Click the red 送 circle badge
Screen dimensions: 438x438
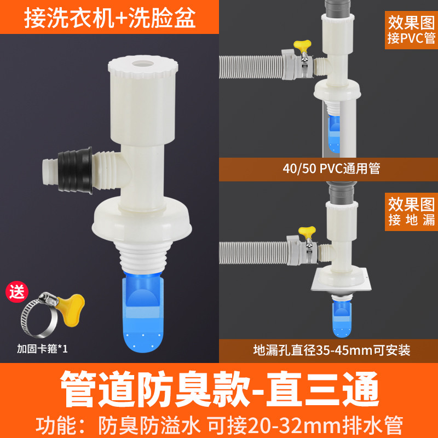click(17, 292)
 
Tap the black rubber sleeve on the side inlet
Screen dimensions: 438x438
click(76, 170)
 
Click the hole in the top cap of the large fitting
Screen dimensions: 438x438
click(143, 64)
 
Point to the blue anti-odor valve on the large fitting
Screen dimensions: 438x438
click(143, 312)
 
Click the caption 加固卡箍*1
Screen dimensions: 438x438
click(42, 349)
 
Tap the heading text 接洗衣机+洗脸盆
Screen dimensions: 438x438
click(110, 18)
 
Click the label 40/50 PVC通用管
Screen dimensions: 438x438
click(331, 169)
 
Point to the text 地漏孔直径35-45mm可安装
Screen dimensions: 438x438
click(332, 350)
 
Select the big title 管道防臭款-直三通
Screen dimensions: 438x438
click(220, 389)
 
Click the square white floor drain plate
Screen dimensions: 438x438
click(341, 280)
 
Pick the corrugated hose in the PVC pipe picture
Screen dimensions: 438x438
click(251, 67)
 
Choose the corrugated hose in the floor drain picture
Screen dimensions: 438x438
click(253, 253)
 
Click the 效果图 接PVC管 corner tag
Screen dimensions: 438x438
click(411, 30)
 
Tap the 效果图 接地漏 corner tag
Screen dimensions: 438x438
click(411, 212)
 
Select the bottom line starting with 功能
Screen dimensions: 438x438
click(220, 425)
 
